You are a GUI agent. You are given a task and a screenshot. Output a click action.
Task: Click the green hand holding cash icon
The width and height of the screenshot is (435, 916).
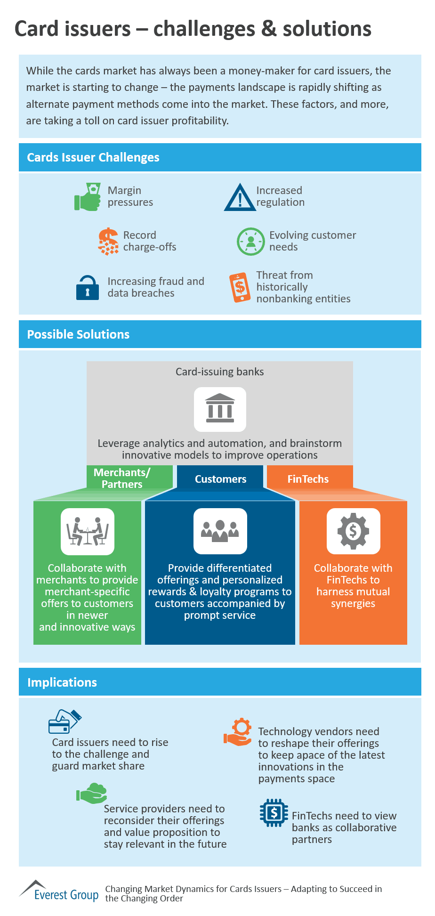88,196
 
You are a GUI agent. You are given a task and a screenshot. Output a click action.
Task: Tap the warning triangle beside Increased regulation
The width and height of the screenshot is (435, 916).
240,197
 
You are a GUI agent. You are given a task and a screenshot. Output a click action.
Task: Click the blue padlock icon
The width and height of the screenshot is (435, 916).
88,287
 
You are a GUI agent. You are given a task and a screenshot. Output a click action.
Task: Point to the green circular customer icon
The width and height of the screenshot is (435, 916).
250,242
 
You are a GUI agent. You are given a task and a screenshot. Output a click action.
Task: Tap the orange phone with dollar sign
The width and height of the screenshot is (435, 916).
240,287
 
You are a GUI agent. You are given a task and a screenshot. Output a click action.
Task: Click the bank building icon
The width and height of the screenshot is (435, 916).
220,409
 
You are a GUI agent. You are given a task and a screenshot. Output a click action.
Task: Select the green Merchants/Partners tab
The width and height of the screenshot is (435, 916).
122,478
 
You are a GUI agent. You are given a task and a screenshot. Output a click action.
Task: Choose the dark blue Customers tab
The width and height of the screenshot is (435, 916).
220,479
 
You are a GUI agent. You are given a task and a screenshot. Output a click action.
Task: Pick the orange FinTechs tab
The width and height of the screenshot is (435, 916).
308,479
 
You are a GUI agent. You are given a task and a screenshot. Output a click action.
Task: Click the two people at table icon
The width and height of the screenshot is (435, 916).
88,531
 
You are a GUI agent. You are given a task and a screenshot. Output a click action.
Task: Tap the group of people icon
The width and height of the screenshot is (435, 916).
220,531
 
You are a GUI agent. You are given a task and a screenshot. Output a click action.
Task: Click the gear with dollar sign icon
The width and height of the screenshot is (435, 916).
353,531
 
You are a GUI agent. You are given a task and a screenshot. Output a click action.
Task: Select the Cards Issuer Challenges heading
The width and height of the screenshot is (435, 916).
93,157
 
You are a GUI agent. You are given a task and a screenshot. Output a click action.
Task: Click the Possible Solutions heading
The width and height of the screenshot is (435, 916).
78,334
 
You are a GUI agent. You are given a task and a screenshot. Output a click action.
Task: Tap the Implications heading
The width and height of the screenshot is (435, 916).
62,682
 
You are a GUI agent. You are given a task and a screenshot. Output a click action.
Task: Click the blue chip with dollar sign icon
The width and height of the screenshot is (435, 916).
274,812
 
